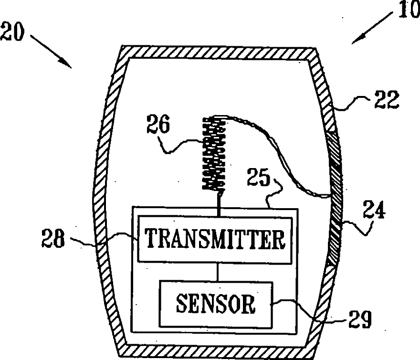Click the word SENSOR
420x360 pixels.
(216, 304)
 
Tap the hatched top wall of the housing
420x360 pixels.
(217, 52)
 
